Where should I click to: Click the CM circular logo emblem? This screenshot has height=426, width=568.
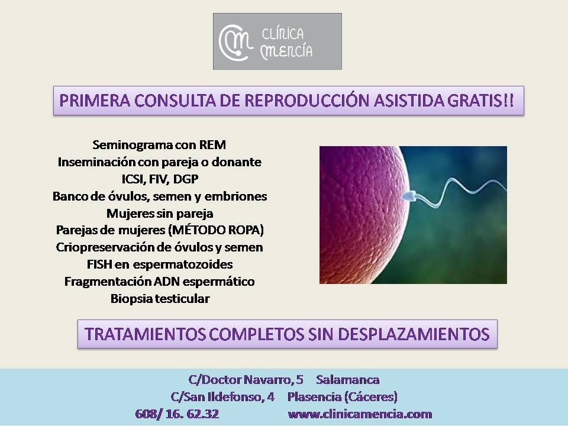[235, 43]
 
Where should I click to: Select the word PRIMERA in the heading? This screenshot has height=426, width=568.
[95, 101]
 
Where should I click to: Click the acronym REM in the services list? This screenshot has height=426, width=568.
[212, 145]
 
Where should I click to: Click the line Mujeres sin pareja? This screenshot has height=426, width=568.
[160, 214]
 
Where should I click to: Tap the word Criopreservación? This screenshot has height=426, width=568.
[106, 247]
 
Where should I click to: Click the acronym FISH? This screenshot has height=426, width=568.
[99, 264]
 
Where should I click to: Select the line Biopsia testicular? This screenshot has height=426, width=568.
[160, 299]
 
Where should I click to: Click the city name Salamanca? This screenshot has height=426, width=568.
[347, 380]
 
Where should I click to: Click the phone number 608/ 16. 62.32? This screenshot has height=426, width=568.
[177, 414]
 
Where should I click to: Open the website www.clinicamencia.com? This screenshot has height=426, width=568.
[360, 414]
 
